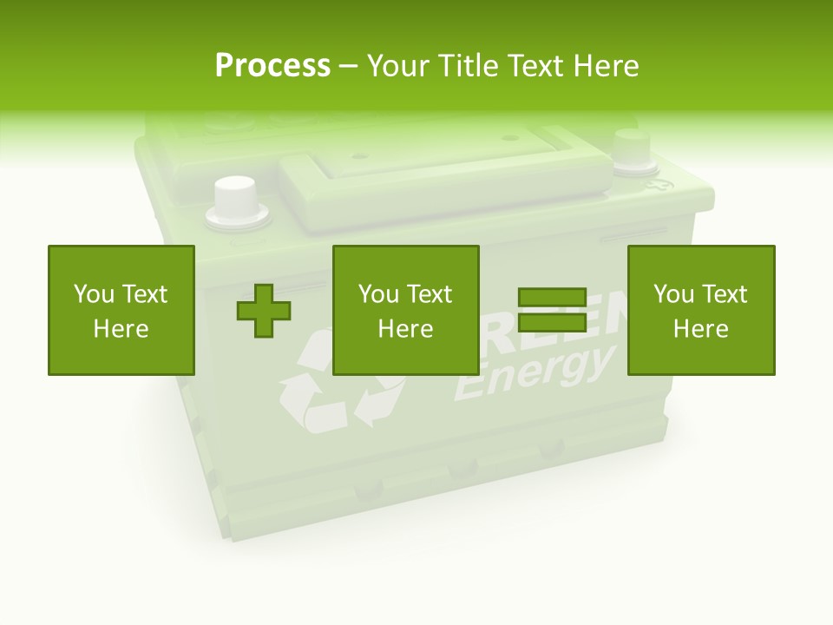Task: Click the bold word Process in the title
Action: pos(272,66)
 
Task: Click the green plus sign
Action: pos(264,310)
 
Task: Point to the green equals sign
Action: pos(552,310)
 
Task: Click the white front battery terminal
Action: pos(234,201)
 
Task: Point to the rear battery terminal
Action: pos(632,149)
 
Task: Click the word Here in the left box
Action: pos(121,329)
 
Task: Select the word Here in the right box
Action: pos(700,329)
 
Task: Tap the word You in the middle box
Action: pos(378,294)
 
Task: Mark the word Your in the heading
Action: pos(398,66)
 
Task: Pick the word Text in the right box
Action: pos(724,294)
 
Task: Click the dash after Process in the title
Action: pos(348,67)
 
